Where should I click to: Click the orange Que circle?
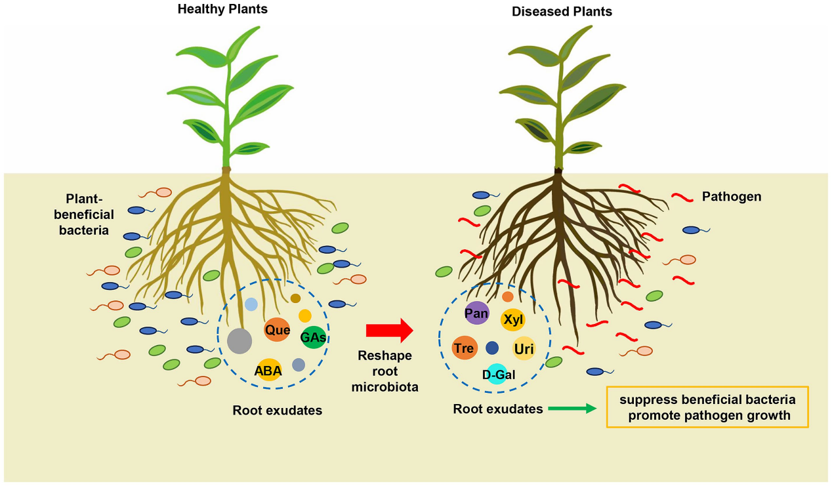tap(278, 329)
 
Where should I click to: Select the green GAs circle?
tap(313, 337)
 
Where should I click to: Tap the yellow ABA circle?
tap(269, 371)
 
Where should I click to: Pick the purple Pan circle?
tap(476, 314)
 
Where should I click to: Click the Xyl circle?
tap(512, 319)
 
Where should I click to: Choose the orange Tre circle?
tap(464, 348)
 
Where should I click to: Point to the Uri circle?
tap(524, 349)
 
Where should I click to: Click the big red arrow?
tap(389, 331)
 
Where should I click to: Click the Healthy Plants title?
tap(222, 9)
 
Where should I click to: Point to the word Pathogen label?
tap(732, 196)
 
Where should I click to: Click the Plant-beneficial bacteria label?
tap(90, 214)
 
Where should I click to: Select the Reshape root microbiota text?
tap(385, 371)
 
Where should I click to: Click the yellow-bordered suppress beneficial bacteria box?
tap(707, 407)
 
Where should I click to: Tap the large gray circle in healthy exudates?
tap(239, 340)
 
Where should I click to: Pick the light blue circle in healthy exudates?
tap(251, 304)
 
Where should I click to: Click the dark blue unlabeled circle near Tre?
tap(492, 348)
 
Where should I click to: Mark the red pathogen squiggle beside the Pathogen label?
tap(682, 197)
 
